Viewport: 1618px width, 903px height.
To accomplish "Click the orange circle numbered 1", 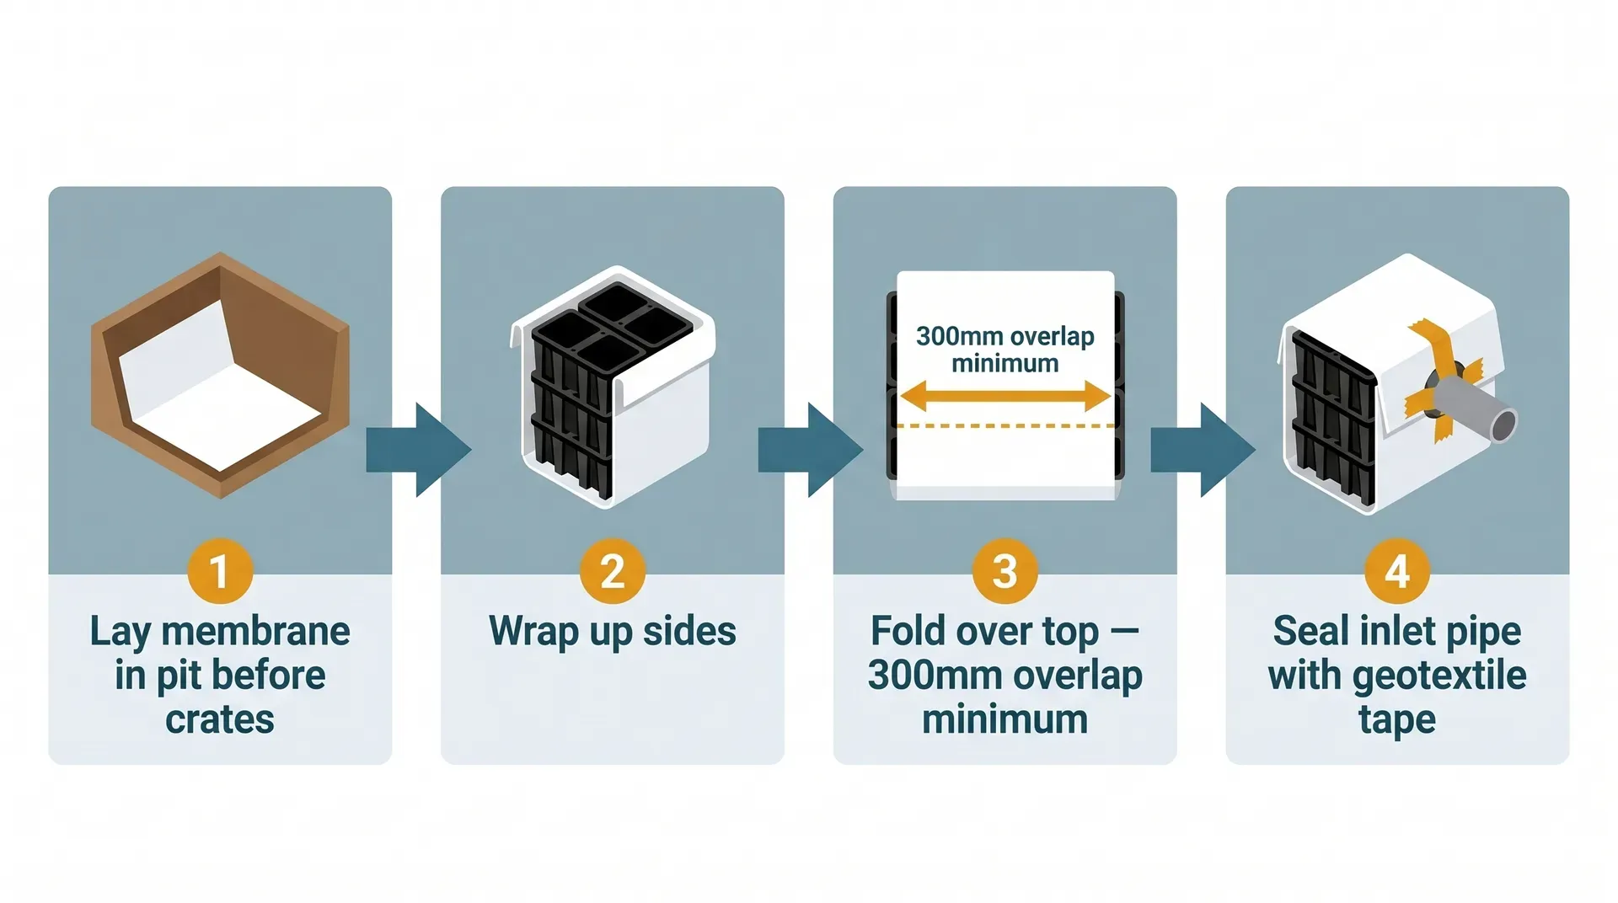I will pos(220,571).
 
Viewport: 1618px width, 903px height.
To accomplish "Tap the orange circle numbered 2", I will pos(613,571).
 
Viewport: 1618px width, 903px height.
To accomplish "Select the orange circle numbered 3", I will pos(1005,571).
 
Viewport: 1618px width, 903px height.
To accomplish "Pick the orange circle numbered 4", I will pos(1397,571).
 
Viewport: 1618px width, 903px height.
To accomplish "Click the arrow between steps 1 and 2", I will pos(418,450).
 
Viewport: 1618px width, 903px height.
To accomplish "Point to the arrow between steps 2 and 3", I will pos(810,450).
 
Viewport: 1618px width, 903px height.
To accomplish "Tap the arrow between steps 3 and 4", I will pos(1203,450).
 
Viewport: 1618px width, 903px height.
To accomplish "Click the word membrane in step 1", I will pos(255,631).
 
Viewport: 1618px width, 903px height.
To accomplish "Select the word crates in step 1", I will pos(220,719).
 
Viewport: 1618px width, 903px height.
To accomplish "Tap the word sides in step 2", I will pos(689,631).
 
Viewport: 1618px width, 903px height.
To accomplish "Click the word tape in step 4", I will pos(1397,720).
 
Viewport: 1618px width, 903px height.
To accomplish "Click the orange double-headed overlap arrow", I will pos(1005,396).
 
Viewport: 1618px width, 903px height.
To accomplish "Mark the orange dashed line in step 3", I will pos(1005,426).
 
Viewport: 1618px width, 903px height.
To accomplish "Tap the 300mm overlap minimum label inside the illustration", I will pos(1005,349).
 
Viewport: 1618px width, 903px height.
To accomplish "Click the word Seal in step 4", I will pos(1308,631).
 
